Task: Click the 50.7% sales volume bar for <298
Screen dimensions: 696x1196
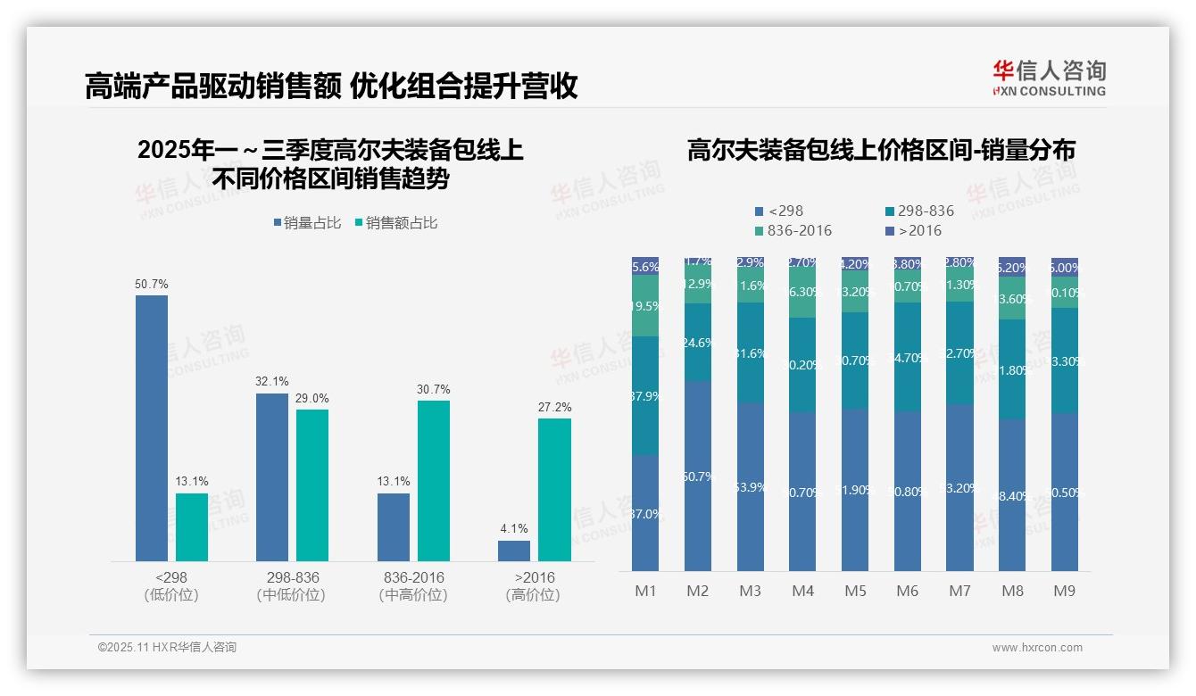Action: point(152,427)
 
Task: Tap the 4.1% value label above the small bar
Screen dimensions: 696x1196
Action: point(514,528)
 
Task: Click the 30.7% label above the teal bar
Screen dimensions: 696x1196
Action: point(433,389)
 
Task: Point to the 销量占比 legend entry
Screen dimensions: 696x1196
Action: point(307,223)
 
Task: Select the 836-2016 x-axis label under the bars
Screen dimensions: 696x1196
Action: point(411,577)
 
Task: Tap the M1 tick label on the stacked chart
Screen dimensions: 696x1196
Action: point(645,591)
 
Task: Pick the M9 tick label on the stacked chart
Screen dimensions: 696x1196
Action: point(1064,591)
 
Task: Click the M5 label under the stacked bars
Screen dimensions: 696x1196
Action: point(854,591)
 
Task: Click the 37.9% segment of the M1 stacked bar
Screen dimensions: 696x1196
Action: point(645,396)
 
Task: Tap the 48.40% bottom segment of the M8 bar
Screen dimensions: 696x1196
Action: point(1012,495)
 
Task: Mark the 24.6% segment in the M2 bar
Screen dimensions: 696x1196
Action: point(698,342)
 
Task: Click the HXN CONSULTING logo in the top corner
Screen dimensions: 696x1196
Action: point(1049,78)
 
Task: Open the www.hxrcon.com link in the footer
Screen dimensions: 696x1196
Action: point(1037,648)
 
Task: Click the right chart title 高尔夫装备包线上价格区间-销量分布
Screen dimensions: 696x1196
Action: point(881,150)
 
